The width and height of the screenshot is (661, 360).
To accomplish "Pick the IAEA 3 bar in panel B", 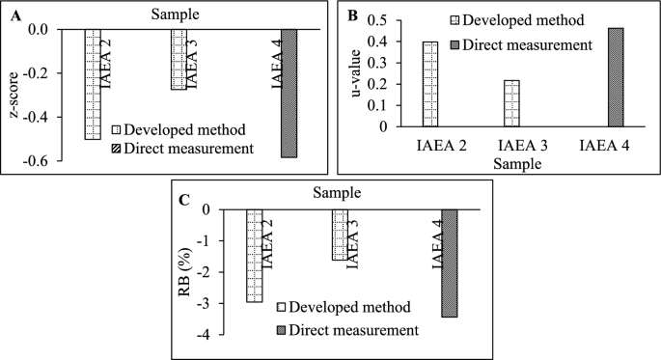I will coord(510,103).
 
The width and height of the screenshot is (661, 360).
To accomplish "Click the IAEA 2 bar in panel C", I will coord(254,256).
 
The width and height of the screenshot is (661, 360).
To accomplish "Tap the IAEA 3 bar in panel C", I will coord(340,235).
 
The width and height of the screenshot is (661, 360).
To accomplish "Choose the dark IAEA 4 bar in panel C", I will coord(450,263).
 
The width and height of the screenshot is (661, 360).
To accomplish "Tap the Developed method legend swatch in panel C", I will coord(285,308).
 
